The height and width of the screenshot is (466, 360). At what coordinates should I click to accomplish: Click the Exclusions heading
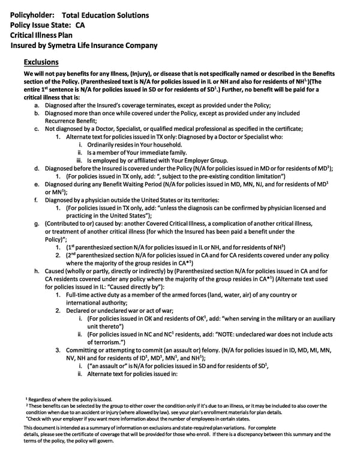[x=41, y=62]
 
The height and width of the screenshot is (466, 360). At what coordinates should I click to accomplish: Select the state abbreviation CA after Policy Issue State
[x=80, y=25]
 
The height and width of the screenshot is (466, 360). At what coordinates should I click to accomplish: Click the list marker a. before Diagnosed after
[x=37, y=104]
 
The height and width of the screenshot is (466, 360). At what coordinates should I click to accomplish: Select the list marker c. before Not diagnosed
[x=37, y=129]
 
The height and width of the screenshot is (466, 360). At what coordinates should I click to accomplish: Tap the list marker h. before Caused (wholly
[x=37, y=271]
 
